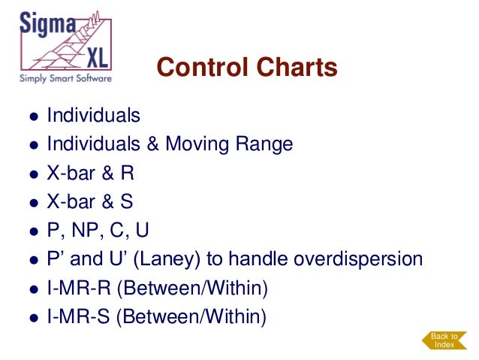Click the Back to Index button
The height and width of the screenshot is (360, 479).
[444, 340]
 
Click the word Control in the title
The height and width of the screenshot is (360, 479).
[198, 69]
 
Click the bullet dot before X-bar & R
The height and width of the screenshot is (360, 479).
[34, 174]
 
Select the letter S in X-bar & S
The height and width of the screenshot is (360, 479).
[128, 202]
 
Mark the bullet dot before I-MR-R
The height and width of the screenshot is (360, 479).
[34, 289]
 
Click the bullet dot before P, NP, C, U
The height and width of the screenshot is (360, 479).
[34, 231]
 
